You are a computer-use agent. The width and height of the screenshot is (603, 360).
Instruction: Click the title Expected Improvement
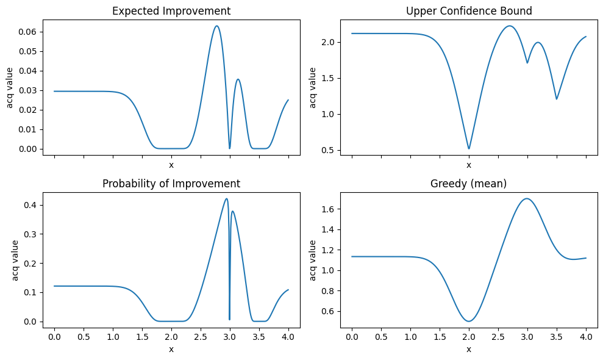(x=171, y=10)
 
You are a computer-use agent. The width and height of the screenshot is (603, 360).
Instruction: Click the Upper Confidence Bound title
(x=468, y=10)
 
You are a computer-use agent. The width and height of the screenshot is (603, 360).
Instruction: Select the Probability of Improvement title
(x=171, y=184)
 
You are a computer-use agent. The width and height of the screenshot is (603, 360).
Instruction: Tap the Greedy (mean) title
(x=468, y=184)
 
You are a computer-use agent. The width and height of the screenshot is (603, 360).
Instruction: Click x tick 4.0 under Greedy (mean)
(x=585, y=337)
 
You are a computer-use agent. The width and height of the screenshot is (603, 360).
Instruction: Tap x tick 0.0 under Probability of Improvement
(x=54, y=337)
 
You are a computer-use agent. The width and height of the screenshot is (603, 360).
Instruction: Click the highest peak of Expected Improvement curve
(x=216, y=26)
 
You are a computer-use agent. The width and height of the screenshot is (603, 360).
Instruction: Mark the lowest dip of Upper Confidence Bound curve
(x=468, y=148)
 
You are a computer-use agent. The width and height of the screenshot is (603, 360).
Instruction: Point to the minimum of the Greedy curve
(x=469, y=321)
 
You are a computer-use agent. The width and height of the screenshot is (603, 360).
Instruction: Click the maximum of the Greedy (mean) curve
(x=527, y=198)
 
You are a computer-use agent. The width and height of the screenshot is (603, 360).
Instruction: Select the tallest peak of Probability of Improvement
(x=227, y=198)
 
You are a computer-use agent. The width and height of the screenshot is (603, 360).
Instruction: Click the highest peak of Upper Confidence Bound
(x=509, y=26)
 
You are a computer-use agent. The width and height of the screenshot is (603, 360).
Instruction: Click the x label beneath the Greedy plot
(x=468, y=349)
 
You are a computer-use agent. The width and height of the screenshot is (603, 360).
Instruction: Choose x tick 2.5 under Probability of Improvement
(x=201, y=337)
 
